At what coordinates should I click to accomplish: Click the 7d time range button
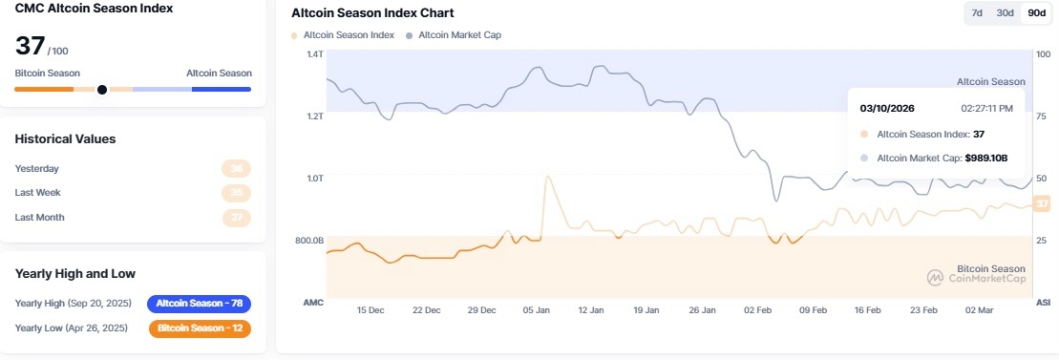click(x=977, y=12)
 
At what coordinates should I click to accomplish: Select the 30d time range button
click(x=1005, y=12)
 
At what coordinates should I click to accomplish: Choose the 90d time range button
click(x=1035, y=12)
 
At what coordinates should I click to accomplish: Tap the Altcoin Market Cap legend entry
click(x=454, y=35)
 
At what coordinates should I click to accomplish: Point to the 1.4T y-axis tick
click(x=314, y=53)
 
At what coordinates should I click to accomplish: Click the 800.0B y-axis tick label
click(x=309, y=241)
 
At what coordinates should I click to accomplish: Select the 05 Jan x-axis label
click(x=537, y=310)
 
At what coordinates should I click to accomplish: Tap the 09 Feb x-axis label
click(x=813, y=310)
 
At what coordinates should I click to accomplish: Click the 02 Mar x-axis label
click(x=979, y=310)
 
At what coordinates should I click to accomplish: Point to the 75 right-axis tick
click(x=1043, y=116)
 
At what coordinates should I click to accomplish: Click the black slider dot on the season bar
click(x=102, y=90)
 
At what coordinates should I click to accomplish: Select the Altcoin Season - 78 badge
click(x=199, y=304)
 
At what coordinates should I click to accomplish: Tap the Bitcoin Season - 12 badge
click(x=200, y=328)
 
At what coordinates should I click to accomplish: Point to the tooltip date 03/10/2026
click(x=888, y=108)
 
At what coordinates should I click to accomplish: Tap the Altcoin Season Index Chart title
click(x=371, y=13)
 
